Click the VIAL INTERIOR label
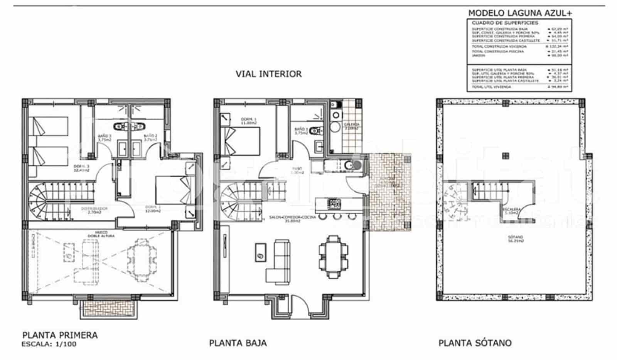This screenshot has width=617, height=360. (x=268, y=74)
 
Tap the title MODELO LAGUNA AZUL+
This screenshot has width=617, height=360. (x=520, y=13)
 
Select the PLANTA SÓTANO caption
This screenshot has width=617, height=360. (x=475, y=343)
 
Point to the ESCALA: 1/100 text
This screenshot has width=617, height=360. (x=49, y=344)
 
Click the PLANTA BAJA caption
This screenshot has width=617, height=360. (x=238, y=343)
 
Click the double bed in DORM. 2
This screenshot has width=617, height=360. (x=174, y=190)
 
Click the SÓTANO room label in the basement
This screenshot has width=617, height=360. (x=518, y=239)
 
